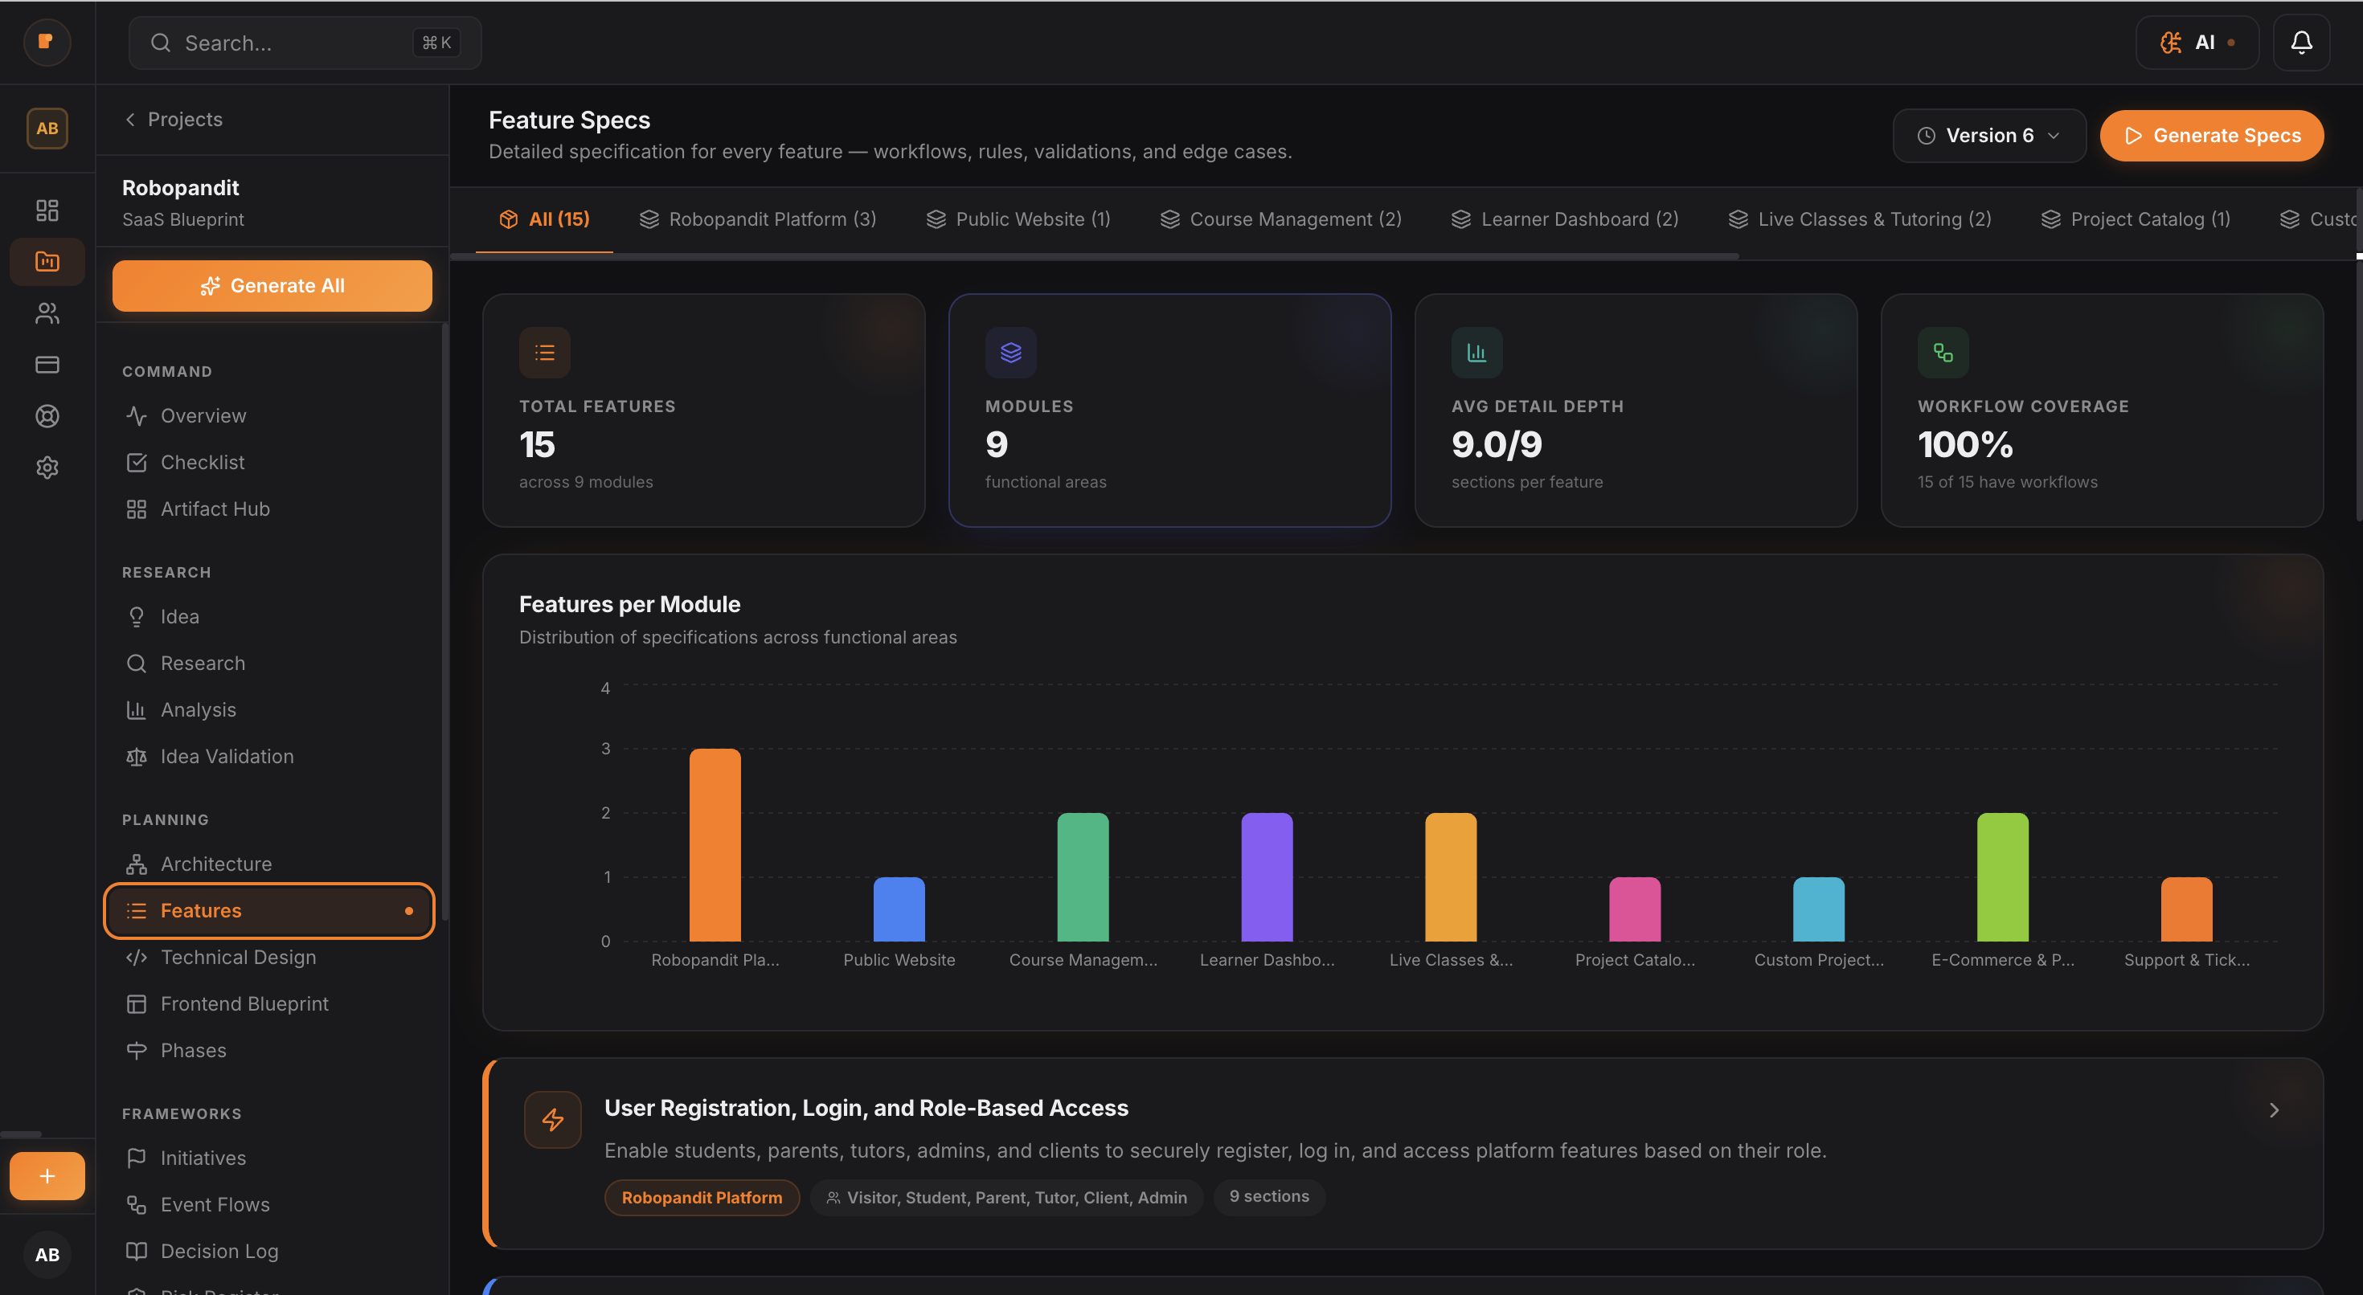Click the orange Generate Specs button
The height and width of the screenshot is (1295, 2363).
2211,136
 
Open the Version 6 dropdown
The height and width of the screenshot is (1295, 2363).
1988,136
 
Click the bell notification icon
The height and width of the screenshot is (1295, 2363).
2300,43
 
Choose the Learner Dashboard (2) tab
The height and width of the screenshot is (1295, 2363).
1565,219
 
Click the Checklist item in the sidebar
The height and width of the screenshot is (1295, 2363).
202,462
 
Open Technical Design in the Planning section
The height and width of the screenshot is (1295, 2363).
238,957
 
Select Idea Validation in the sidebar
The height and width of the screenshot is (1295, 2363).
227,757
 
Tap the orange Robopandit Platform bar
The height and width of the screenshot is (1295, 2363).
715,844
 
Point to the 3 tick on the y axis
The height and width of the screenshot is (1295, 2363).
605,749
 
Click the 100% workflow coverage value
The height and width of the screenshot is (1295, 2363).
1965,445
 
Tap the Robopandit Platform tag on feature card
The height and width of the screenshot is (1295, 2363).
702,1198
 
